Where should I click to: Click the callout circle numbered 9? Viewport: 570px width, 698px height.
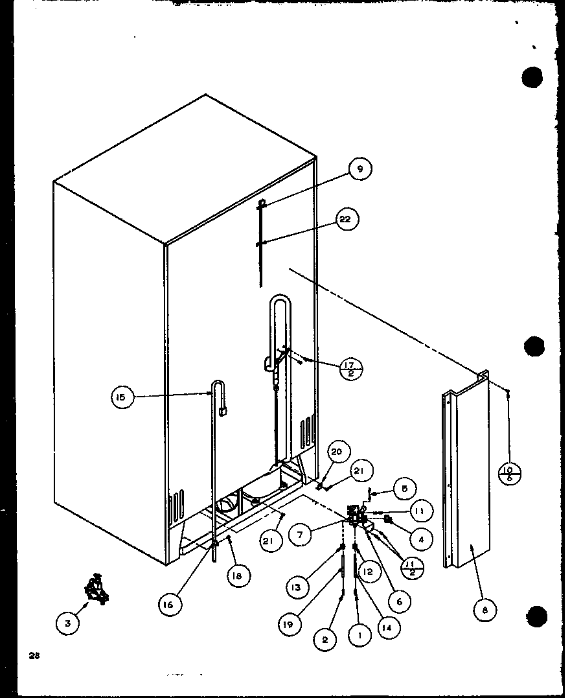360,170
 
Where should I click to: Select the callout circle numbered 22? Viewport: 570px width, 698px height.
345,220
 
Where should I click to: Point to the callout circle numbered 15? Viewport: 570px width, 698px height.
122,397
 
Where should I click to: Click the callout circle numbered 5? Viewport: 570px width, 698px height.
404,489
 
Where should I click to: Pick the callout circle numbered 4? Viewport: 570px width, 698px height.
420,537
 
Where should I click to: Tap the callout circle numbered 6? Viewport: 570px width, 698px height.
399,601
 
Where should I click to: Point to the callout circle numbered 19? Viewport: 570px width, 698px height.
288,624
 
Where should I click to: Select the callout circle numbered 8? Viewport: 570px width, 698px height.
485,609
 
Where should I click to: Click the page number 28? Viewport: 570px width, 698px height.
34,655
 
